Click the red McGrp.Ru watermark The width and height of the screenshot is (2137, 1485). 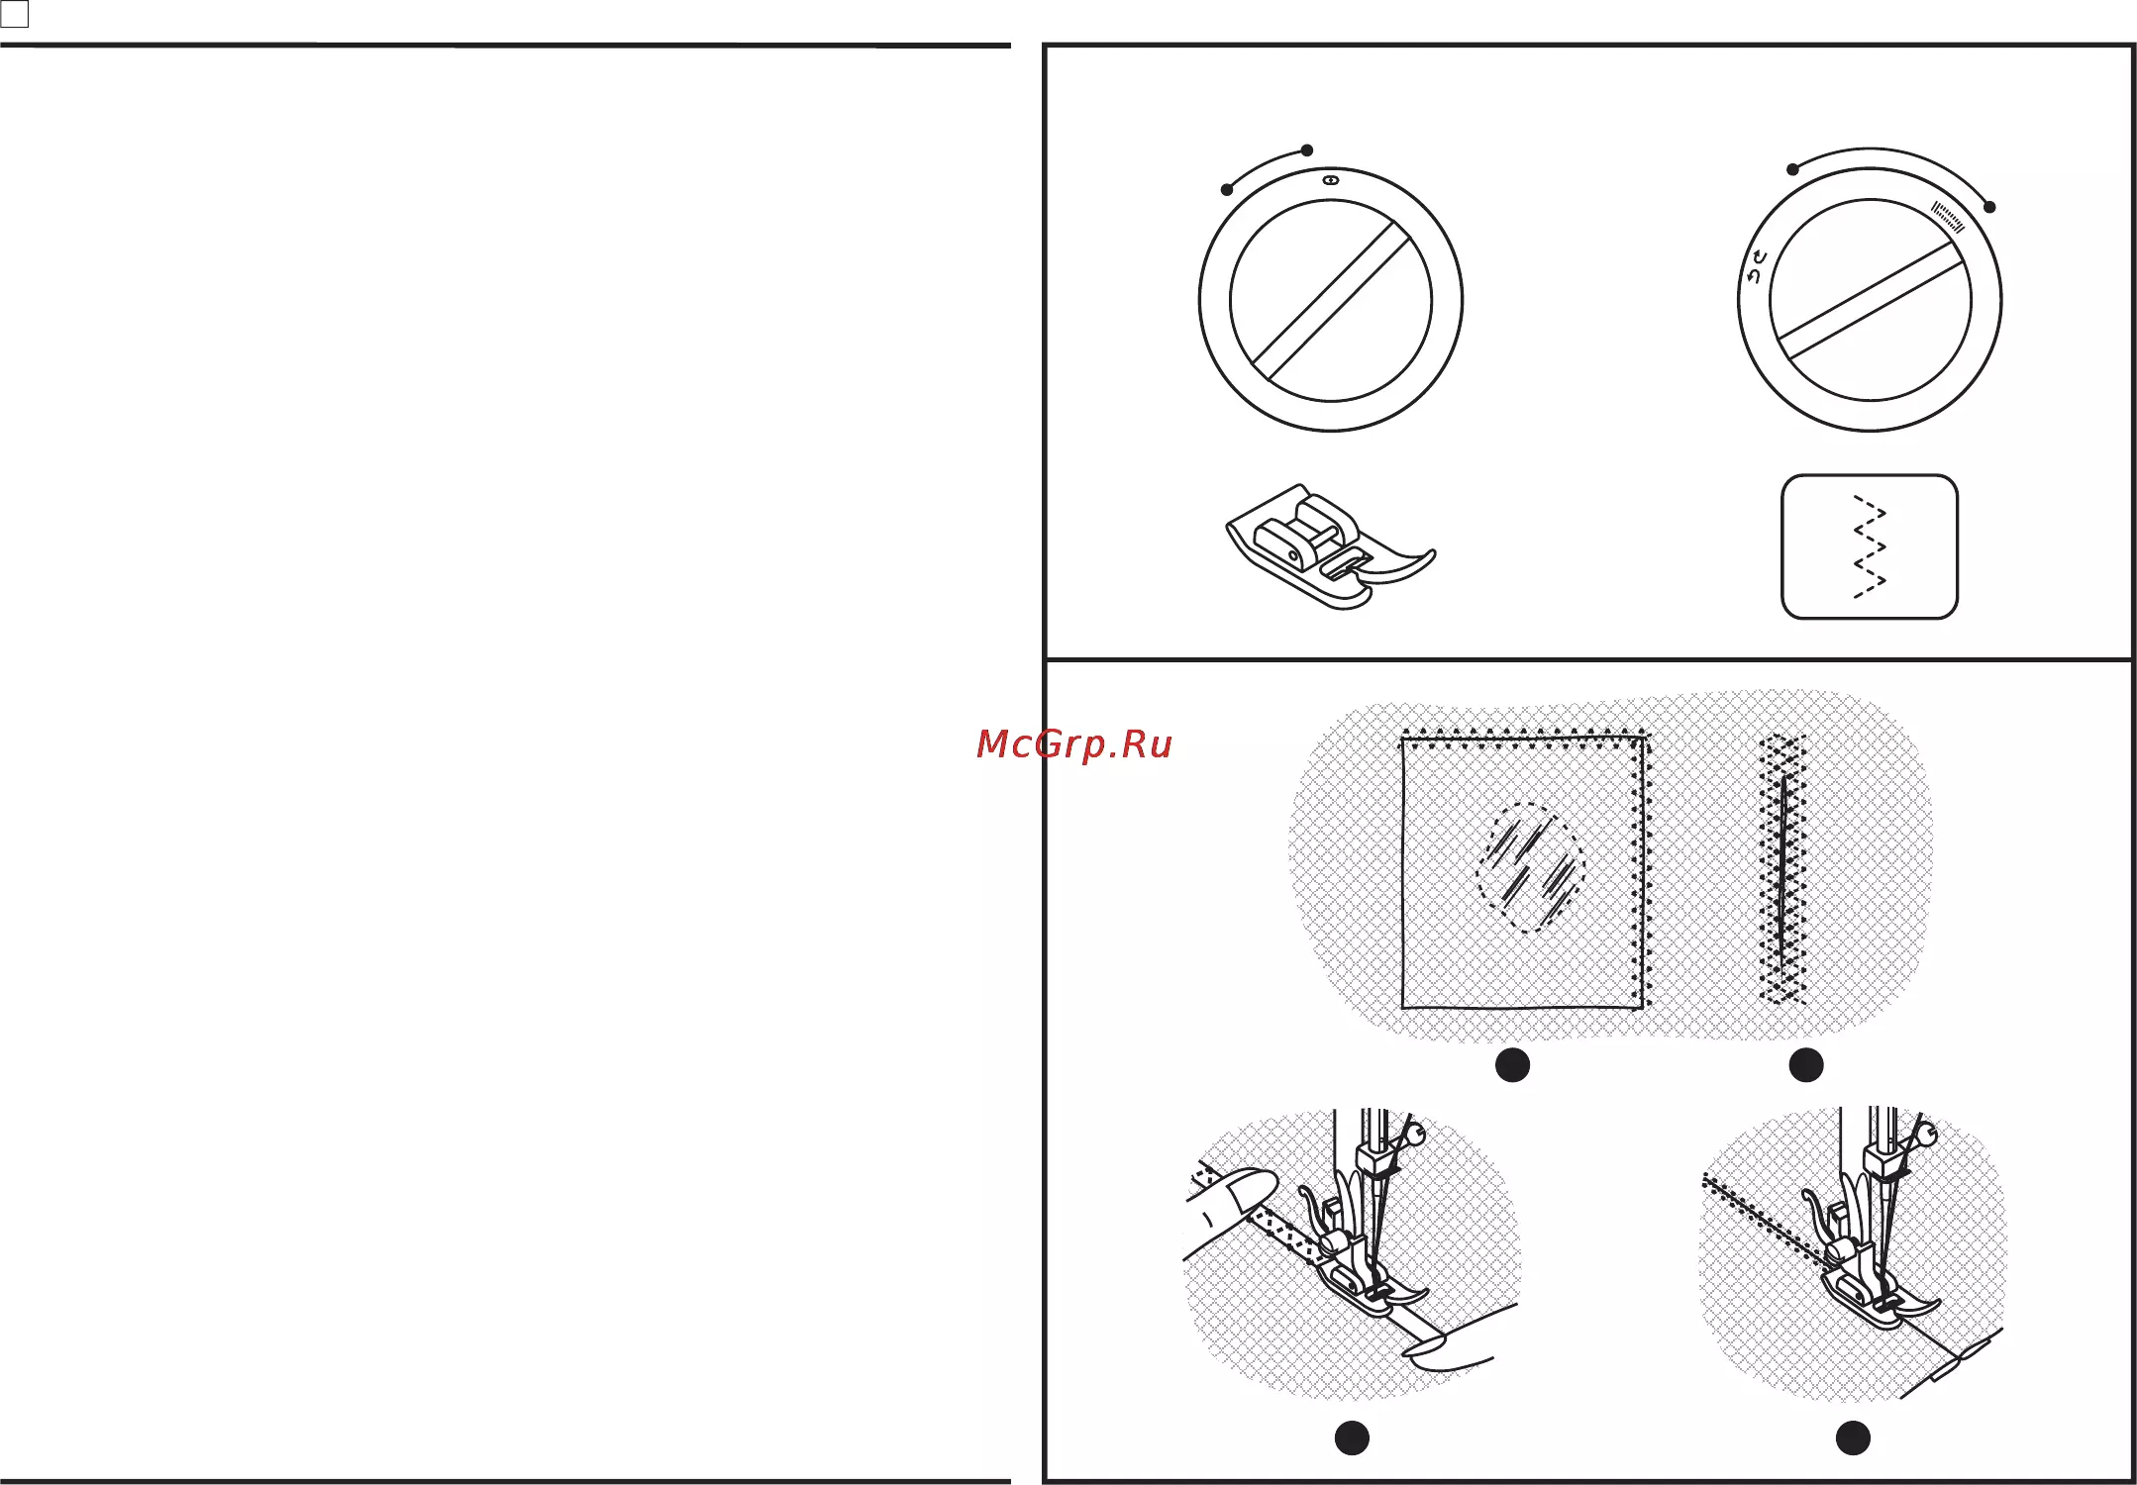point(1074,744)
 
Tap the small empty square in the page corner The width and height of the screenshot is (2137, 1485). point(15,14)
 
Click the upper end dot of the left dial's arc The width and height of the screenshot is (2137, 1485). point(1307,150)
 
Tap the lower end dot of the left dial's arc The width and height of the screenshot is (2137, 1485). point(1227,190)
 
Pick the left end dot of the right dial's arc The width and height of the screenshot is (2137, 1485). point(1792,169)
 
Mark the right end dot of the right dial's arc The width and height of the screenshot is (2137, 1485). point(1990,207)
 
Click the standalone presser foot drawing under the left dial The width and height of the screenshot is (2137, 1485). point(1331,546)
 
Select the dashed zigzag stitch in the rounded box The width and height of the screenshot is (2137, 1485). point(1870,546)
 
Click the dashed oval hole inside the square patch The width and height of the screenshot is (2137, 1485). point(1530,867)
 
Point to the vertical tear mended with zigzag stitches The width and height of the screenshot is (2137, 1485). point(1782,868)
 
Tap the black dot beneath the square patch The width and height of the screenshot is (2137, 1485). point(1512,1065)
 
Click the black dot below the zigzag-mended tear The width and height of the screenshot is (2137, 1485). point(1806,1065)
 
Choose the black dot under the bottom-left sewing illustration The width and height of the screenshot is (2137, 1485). point(1352,1437)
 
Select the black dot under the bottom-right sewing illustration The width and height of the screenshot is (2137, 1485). point(1853,1437)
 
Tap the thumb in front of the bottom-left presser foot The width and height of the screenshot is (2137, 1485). point(1456,1341)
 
